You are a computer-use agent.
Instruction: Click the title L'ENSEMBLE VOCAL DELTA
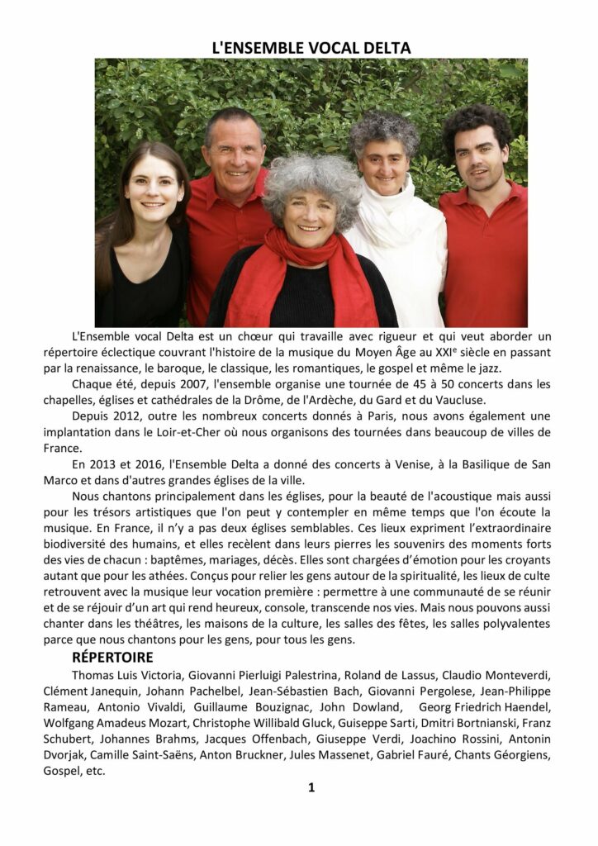[311, 48]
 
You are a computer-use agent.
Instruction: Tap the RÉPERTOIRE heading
[112, 658]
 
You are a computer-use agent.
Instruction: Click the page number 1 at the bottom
[311, 787]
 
